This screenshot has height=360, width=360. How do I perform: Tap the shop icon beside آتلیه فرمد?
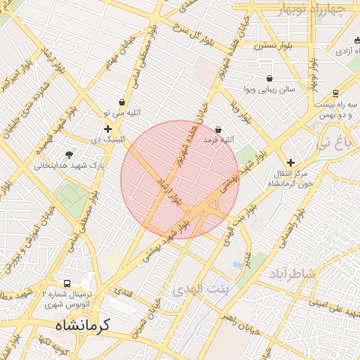pyautogui.click(x=219, y=129)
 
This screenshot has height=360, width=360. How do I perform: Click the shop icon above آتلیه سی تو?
pyautogui.click(x=122, y=102)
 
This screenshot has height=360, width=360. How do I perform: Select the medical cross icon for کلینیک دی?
pyautogui.click(x=108, y=129)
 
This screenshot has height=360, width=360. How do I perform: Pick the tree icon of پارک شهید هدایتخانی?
pyautogui.click(x=69, y=155)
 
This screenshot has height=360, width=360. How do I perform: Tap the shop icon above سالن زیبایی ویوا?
pyautogui.click(x=269, y=79)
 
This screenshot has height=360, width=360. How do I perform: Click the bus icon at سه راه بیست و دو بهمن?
pyautogui.click(x=335, y=94)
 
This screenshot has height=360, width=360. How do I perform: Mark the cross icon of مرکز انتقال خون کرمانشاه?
pyautogui.click(x=290, y=162)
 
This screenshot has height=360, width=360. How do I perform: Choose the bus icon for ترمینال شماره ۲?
pyautogui.click(x=67, y=283)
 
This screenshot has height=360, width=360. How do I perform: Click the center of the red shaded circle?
pyautogui.click(x=179, y=179)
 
